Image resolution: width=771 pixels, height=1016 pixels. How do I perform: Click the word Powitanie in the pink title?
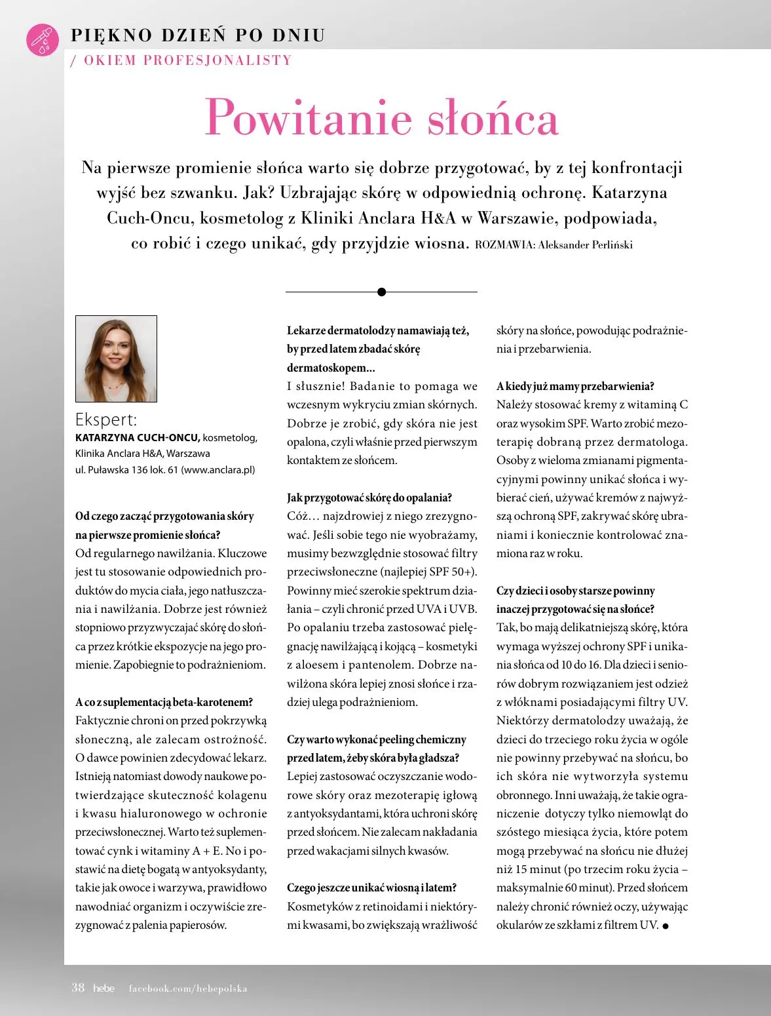point(309,118)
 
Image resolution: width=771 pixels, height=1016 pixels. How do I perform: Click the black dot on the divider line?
point(382,292)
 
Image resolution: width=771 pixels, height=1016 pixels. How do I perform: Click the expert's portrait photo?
point(117,359)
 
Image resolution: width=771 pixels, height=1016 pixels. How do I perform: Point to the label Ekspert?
point(106,420)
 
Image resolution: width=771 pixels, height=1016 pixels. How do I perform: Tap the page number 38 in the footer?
point(78,988)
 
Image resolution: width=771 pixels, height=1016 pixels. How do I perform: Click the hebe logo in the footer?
point(103,988)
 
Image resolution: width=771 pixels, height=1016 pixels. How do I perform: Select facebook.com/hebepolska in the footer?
point(188,988)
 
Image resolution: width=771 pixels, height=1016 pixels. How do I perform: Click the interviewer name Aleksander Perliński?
point(585,245)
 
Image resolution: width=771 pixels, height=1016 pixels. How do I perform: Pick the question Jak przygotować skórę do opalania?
point(369,498)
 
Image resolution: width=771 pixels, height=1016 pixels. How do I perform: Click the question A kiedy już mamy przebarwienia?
point(575,386)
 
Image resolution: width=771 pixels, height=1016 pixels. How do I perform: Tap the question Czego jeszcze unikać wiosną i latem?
point(371,888)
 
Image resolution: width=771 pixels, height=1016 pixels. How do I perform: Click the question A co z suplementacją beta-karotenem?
point(164,702)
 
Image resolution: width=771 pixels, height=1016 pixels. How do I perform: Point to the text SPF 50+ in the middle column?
point(451,572)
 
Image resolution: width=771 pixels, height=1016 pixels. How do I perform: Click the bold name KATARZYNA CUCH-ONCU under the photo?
point(137,437)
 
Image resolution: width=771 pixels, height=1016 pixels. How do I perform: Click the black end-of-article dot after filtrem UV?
point(666,926)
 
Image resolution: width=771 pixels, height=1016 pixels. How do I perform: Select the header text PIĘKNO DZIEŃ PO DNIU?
point(198,35)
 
